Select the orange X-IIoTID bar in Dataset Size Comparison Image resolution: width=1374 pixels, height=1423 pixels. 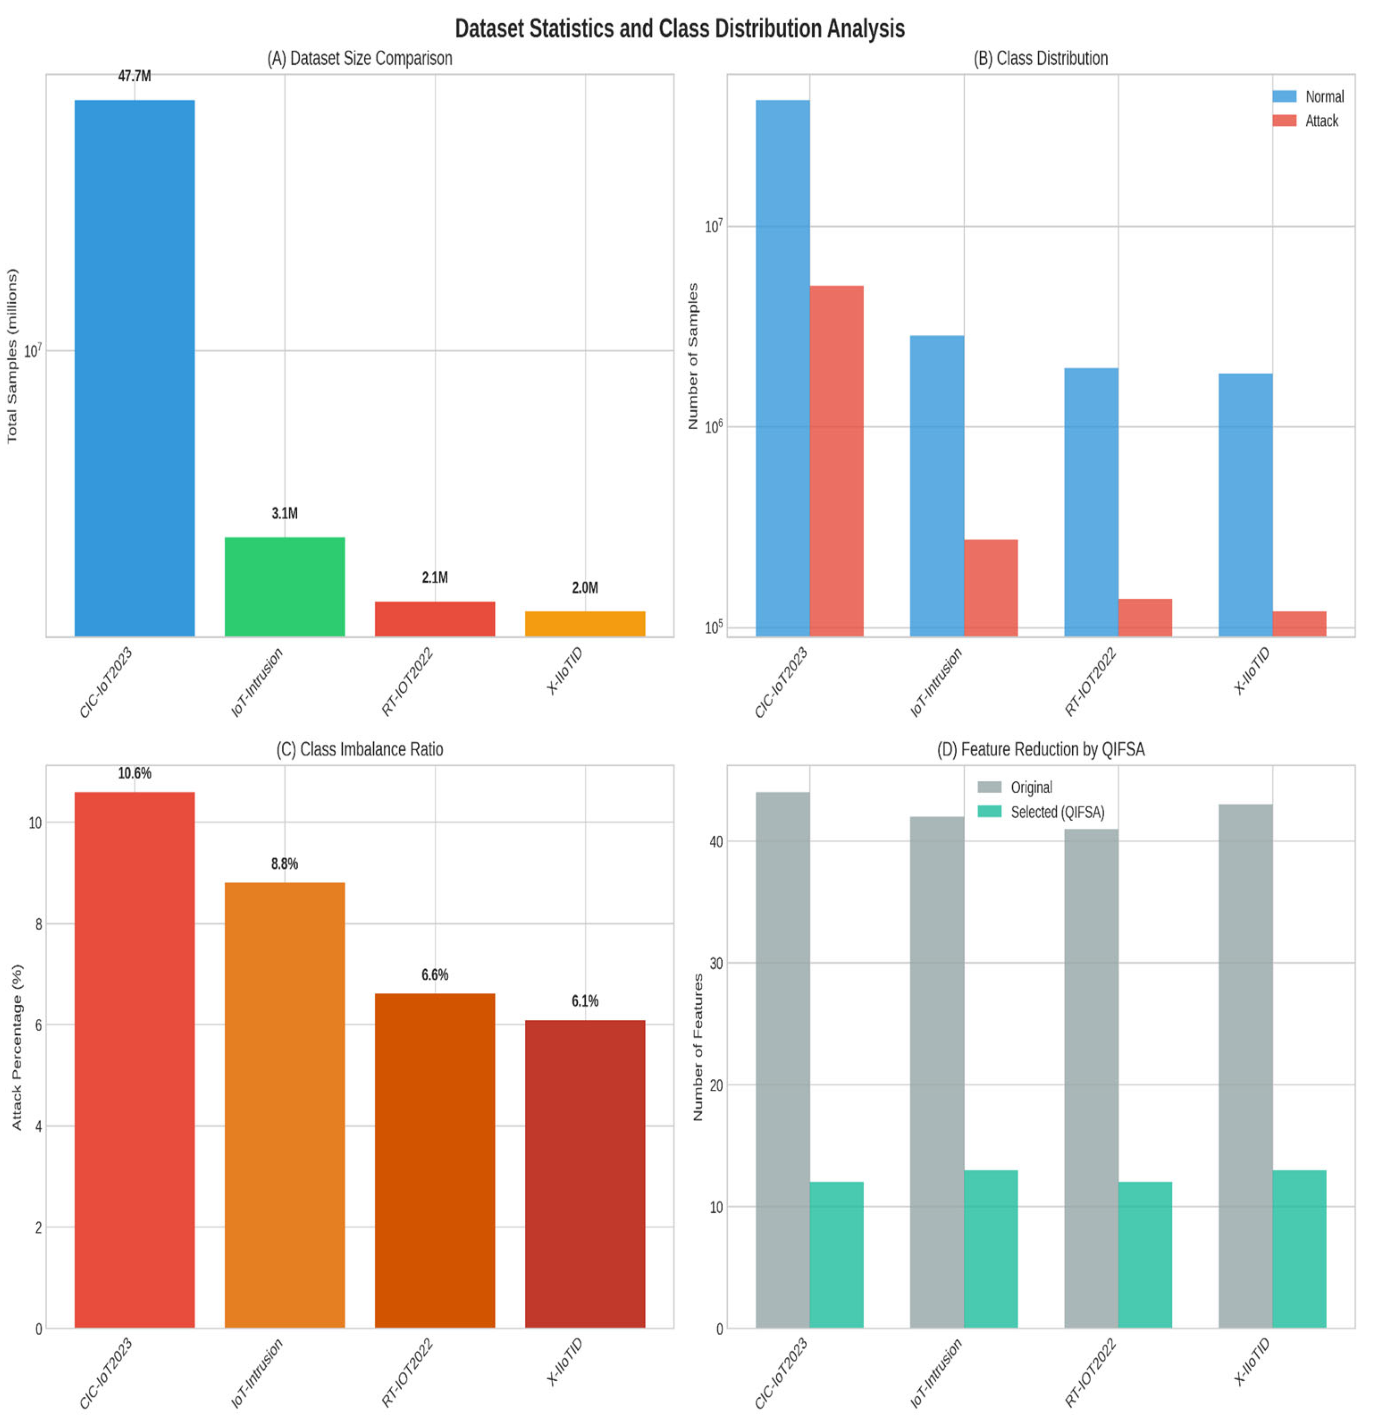click(584, 624)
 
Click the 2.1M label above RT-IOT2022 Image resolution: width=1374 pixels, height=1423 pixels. click(434, 577)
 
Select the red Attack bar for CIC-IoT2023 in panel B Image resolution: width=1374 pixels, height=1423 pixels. click(836, 461)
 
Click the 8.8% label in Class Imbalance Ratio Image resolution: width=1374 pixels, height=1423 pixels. click(285, 863)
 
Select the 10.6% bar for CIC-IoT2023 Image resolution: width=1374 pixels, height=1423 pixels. click(134, 1060)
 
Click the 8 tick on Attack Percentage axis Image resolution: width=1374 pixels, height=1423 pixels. click(38, 924)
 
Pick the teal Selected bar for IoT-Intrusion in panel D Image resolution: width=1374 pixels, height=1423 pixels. click(990, 1249)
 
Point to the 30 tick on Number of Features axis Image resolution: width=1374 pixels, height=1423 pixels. click(716, 964)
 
